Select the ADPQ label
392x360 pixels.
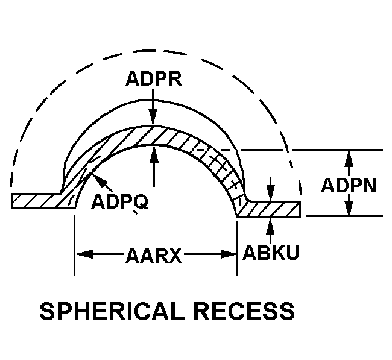tap(119, 201)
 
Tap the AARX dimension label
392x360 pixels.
tap(154, 256)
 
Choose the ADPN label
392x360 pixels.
tap(349, 185)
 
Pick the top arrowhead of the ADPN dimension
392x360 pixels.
tap(348, 156)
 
